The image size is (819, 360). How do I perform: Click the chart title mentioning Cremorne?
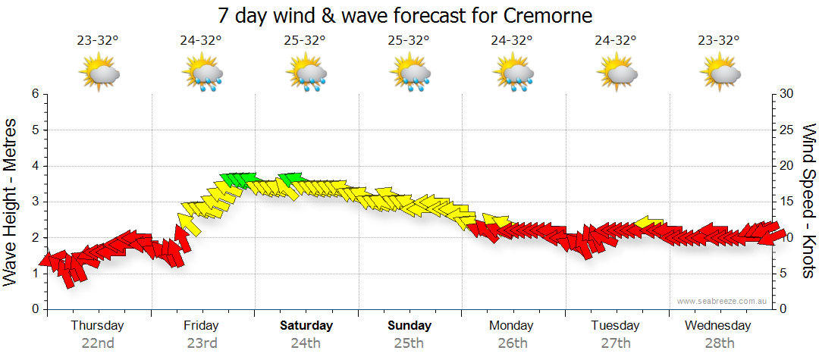[x=405, y=15]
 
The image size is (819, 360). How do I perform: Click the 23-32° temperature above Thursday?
[x=98, y=40]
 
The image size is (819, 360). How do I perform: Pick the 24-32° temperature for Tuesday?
[x=615, y=40]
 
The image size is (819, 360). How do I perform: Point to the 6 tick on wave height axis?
[x=35, y=94]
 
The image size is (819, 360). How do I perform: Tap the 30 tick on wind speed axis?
[x=786, y=94]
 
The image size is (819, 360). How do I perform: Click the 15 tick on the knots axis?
[x=786, y=202]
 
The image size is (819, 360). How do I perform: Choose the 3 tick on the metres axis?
[x=35, y=202]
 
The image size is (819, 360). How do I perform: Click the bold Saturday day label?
[x=306, y=326]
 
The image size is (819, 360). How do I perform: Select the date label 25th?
[x=409, y=343]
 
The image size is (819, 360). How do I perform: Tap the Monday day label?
[x=513, y=326]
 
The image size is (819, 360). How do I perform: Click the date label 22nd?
[x=98, y=343]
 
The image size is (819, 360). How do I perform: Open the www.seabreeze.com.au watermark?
[x=723, y=301]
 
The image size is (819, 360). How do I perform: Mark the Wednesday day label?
[x=717, y=326]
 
